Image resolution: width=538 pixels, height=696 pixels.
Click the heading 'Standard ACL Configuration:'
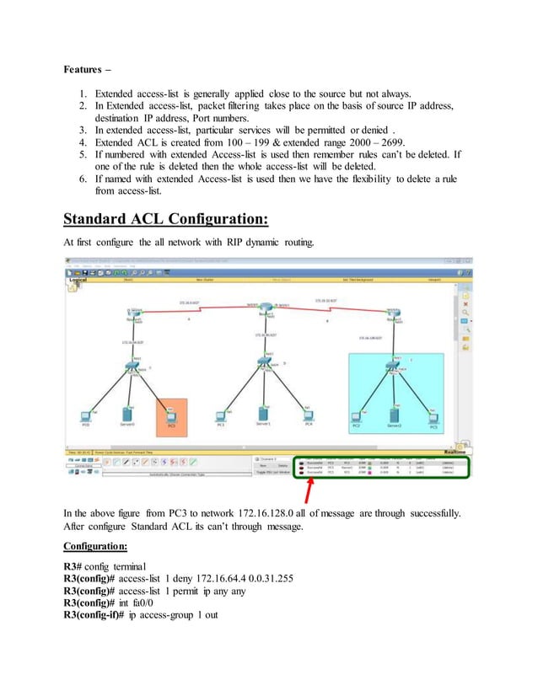(166, 219)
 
